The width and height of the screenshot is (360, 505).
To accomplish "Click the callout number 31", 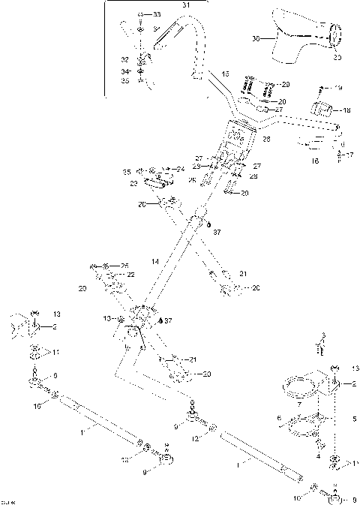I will pos(186,5).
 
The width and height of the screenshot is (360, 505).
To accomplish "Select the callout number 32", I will pos(124,58).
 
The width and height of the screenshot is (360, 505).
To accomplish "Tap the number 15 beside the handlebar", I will pos(225,74).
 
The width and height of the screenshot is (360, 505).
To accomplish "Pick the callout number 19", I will pos(338,88).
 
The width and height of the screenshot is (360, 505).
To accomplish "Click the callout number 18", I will pos(346,110).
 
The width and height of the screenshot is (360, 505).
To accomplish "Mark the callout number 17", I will pos(349,155).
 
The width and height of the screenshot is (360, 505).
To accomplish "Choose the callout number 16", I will pos(315,161).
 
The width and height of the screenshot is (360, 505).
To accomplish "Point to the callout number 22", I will pos(130,275).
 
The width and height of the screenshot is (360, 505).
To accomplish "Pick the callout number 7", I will pos(300,404).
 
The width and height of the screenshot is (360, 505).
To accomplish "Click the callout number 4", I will pos(318,455).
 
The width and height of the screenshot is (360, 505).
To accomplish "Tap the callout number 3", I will pos(323,335).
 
